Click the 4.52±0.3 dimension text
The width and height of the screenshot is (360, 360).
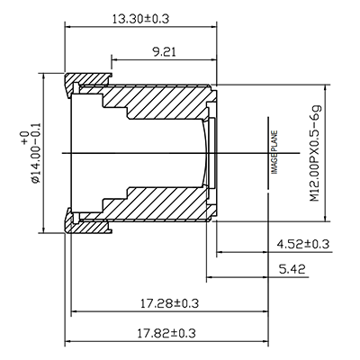[x=302, y=244]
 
